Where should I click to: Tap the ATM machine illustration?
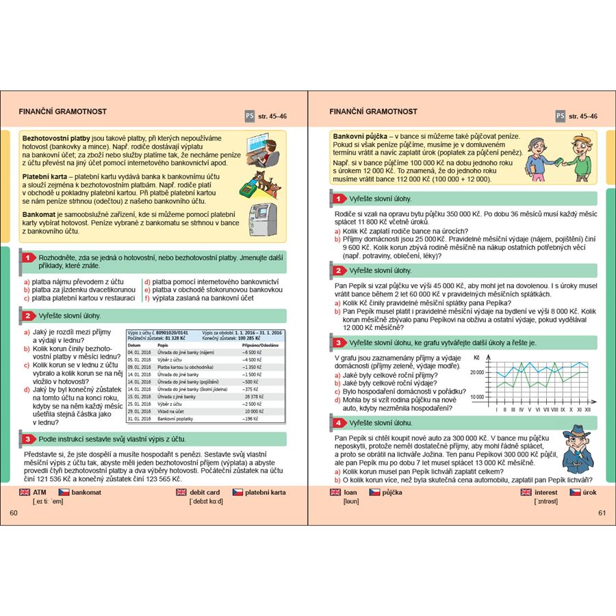tap(261, 218)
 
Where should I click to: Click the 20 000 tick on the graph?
tap(475, 372)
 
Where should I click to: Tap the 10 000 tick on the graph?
tap(475, 396)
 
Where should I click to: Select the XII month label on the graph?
tap(587, 409)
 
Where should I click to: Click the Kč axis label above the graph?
tap(477, 357)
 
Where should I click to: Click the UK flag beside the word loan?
tap(335, 492)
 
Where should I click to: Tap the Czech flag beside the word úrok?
tap(576, 492)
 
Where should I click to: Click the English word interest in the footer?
tap(546, 492)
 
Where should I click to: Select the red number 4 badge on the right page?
tap(338, 424)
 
